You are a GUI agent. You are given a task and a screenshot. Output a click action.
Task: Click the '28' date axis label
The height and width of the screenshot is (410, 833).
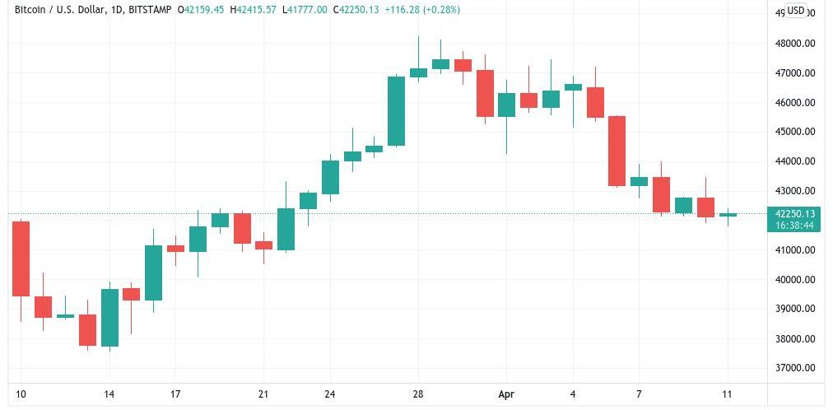coord(418,394)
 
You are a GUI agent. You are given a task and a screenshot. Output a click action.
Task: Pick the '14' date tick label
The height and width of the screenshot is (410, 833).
coord(109,394)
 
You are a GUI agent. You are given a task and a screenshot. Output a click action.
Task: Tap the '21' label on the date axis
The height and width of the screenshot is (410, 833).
coord(263,394)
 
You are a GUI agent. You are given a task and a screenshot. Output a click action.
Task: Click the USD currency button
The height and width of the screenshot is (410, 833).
coord(795,11)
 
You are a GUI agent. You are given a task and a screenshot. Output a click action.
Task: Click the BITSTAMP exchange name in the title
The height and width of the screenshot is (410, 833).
coord(151,10)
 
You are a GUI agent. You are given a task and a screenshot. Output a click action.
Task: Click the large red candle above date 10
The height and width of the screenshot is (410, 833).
coord(21,259)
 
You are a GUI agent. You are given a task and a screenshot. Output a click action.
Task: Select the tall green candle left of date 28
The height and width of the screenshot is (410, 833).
coord(396,111)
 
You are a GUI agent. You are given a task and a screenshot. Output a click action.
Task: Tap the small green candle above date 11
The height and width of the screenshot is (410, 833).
coord(728,215)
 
